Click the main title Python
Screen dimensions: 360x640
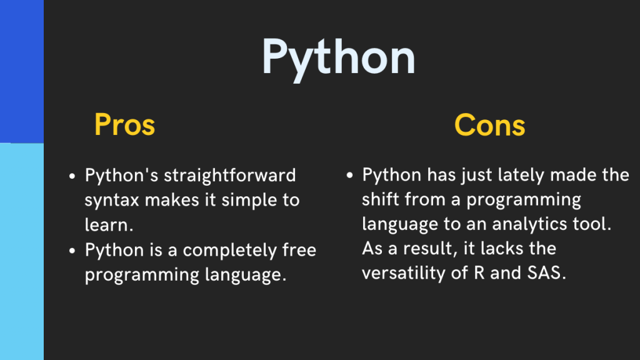[x=338, y=57]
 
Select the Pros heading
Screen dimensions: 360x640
[x=124, y=125]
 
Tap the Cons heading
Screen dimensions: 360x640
[x=489, y=125]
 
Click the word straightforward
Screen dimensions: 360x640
[x=229, y=176]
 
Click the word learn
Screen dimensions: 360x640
[x=107, y=225]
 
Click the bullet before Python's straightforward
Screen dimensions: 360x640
[x=72, y=176]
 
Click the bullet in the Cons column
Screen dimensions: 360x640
[x=351, y=176]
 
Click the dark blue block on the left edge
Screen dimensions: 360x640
[x=21, y=71]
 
